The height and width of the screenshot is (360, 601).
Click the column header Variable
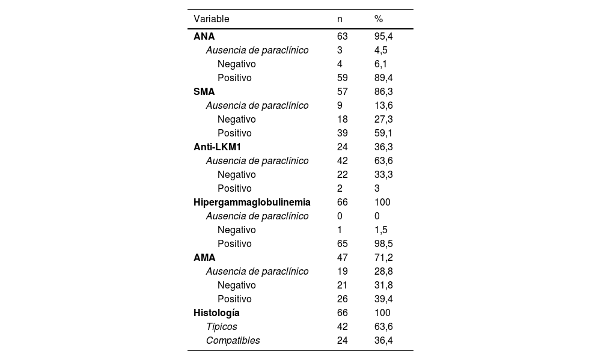tap(211, 19)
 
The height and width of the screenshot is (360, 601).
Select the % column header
tap(379, 19)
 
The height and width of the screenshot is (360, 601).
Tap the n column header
tap(340, 19)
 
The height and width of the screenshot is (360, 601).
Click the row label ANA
tap(204, 37)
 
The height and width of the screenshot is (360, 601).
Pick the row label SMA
tap(204, 92)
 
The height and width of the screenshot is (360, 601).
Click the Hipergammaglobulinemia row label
tap(252, 203)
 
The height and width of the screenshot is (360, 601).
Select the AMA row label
tap(204, 258)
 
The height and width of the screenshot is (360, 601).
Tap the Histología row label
tap(216, 313)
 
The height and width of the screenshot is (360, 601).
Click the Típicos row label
tap(221, 327)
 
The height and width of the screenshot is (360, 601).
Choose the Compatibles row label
tap(233, 341)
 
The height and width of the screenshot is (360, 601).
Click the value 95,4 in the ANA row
tap(383, 37)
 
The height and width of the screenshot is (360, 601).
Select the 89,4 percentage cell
tap(383, 78)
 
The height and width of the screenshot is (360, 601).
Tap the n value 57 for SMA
tap(343, 92)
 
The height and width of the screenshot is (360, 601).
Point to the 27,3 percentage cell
tap(383, 120)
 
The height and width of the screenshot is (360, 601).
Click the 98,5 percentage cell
tap(383, 244)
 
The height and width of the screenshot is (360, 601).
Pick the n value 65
tap(343, 244)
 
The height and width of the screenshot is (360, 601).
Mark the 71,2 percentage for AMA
tap(383, 258)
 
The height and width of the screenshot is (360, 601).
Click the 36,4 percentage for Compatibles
tap(383, 341)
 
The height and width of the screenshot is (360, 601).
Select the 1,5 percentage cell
tap(381, 230)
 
